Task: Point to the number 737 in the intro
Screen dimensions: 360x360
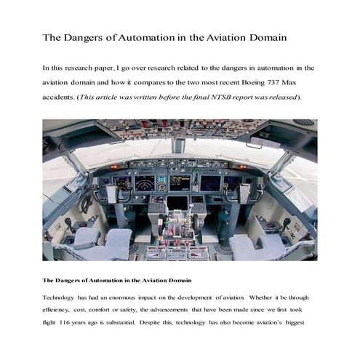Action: tap(268, 83)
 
